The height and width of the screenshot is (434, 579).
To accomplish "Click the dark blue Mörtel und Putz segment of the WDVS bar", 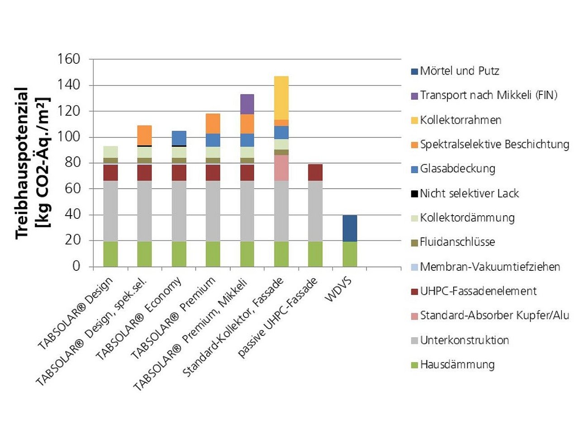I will [x=349, y=228].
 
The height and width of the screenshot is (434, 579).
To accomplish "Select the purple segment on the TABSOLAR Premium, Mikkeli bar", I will [x=247, y=104].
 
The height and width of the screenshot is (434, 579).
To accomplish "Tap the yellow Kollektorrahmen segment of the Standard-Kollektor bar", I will [x=281, y=98].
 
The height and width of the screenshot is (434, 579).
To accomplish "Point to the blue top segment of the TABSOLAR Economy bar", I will [x=179, y=138].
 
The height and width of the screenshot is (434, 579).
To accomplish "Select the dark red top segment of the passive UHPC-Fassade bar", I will [x=315, y=172].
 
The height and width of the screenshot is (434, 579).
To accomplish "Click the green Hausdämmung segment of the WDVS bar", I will [x=349, y=254].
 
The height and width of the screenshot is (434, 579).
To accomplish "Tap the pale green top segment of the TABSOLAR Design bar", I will [x=110, y=152].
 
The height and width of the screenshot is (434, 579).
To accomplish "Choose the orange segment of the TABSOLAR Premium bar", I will [x=213, y=123].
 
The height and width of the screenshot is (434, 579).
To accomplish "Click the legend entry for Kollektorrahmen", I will [x=460, y=120].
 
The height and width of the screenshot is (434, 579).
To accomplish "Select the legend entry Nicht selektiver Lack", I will [x=469, y=193].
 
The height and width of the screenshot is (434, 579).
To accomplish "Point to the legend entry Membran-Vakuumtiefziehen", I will [x=490, y=267].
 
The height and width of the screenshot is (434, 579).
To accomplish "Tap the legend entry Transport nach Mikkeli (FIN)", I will [x=489, y=95].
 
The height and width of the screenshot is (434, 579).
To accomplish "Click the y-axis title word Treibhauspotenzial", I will [x=23, y=163].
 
